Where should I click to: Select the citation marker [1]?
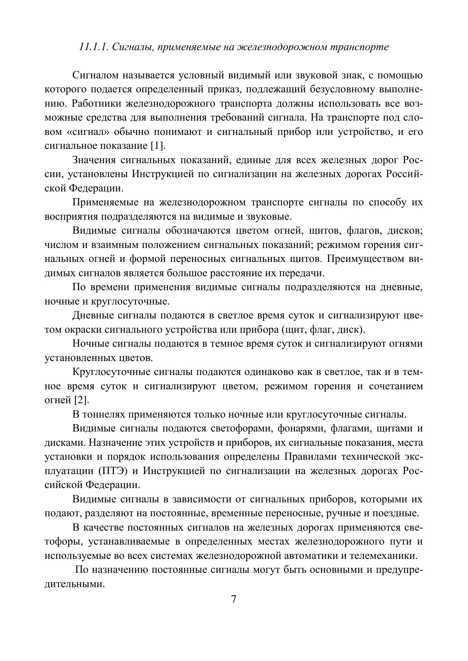click(158, 146)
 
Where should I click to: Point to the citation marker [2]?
click(82, 400)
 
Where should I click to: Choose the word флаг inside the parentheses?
click(320, 330)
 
